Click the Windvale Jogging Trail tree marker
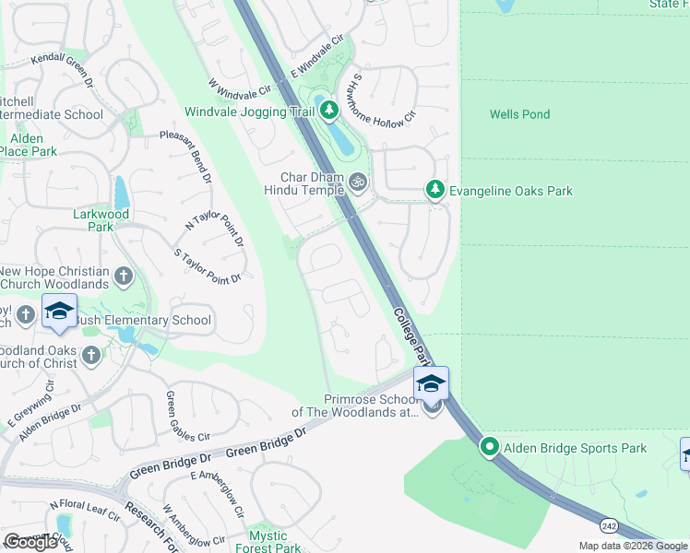coord(329,112)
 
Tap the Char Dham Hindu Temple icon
coord(359,183)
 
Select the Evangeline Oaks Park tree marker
coord(434,190)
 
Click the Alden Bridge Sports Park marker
coord(489,448)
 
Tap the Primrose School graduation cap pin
coord(431,385)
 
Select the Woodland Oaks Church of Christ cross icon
coord(90,355)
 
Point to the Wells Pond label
coord(519,114)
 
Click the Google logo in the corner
coord(31,541)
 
